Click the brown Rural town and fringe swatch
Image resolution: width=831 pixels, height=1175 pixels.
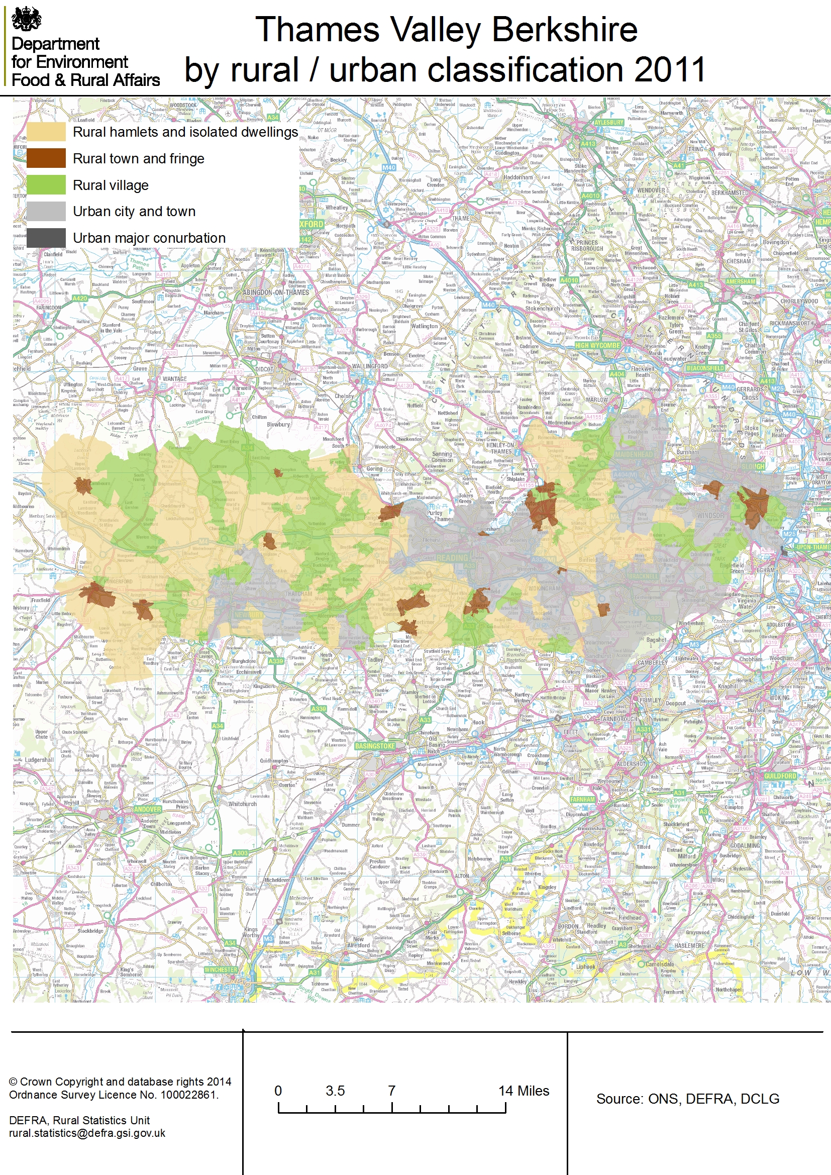tap(46, 158)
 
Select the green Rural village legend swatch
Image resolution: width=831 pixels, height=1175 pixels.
tap(46, 185)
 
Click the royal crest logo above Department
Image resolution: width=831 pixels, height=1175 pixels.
tap(26, 19)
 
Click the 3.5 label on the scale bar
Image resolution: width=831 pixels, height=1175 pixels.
tap(335, 1091)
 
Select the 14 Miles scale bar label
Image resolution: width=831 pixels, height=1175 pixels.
tap(524, 1091)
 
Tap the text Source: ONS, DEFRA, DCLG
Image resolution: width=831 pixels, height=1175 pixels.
tap(687, 1099)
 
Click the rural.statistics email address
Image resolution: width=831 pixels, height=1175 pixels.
tap(87, 1133)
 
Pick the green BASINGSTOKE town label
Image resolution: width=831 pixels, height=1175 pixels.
tap(375, 746)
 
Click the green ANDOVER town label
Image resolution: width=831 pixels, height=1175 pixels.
tap(147, 809)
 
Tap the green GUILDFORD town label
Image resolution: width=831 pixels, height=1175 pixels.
tap(780, 776)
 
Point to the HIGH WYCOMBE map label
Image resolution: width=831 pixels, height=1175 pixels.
tap(597, 345)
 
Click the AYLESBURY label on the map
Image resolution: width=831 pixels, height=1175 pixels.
tap(609, 123)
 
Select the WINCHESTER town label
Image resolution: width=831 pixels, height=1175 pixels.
tap(221, 969)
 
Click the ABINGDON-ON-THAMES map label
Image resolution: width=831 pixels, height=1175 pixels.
tap(276, 292)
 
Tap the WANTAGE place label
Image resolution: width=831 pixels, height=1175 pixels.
tap(174, 379)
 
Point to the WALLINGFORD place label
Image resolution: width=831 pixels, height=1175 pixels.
tap(369, 366)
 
